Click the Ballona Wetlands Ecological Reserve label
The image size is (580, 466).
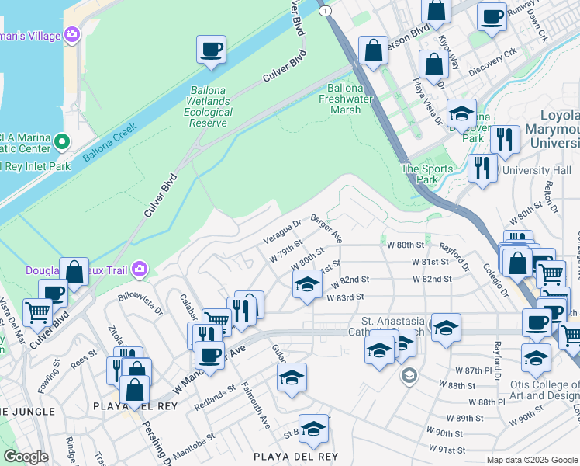coord(208,106)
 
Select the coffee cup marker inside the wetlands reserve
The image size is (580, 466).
coord(211,50)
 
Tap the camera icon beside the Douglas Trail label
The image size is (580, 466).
coord(140,269)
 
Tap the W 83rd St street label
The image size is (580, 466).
coord(346,297)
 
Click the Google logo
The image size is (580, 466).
coord(25,457)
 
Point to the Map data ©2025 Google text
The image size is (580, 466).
coord(532,460)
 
